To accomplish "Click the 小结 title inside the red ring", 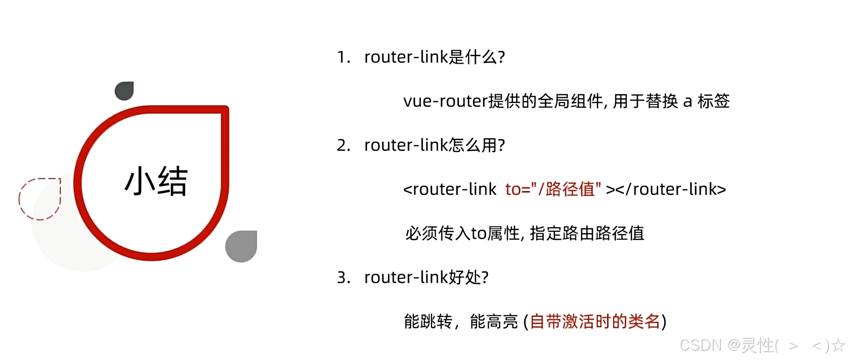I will (x=156, y=181).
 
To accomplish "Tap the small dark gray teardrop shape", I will (x=124, y=90).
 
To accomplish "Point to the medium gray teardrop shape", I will (x=241, y=246).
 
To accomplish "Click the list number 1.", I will (x=343, y=57).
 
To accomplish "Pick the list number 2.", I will (x=343, y=145).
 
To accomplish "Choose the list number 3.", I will (x=343, y=277).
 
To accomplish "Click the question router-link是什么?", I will (x=434, y=57).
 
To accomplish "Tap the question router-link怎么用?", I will (x=434, y=145).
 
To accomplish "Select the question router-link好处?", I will (x=426, y=277).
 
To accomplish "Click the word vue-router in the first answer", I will (x=446, y=101).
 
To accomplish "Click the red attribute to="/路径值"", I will (x=553, y=189).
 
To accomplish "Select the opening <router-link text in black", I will (x=450, y=189).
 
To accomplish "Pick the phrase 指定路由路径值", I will (x=587, y=233).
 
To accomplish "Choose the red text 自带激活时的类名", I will (x=595, y=321).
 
